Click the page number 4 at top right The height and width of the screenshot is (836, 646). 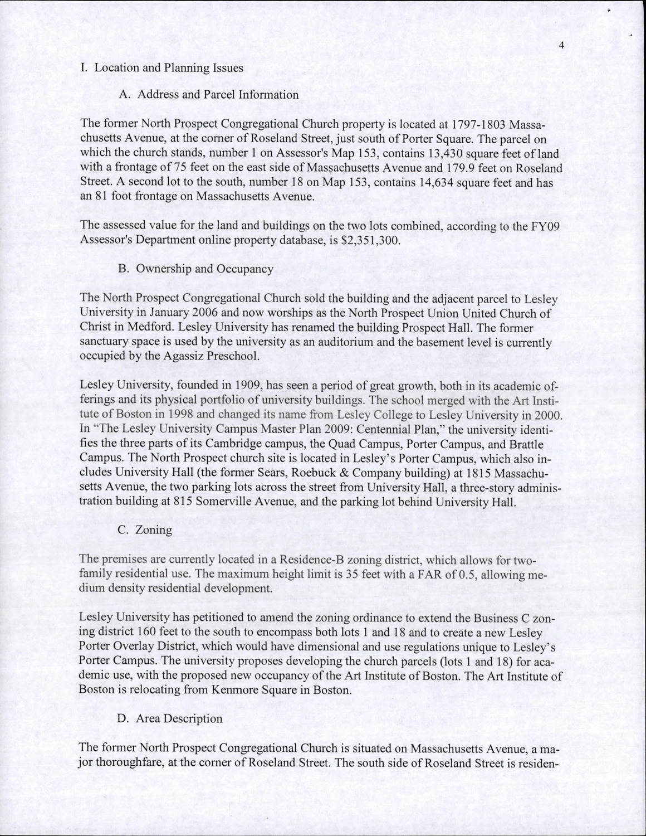click(562, 46)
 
